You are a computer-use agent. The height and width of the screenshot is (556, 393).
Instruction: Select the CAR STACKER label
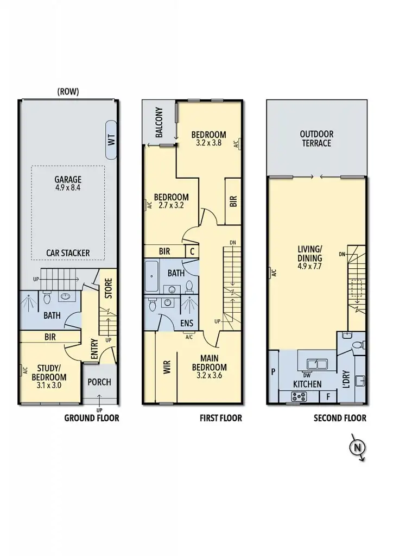click(x=68, y=253)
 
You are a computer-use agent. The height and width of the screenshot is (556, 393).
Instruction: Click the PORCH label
click(x=99, y=382)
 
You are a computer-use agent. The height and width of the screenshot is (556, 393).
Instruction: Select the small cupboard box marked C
click(x=192, y=251)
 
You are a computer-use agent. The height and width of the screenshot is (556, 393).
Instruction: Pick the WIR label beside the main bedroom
click(x=167, y=368)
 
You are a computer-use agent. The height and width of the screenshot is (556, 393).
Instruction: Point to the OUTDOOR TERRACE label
click(x=316, y=138)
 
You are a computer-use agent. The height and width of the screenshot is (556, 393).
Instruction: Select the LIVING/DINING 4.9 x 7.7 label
click(x=310, y=258)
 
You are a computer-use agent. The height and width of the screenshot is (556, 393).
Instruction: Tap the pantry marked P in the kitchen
click(x=272, y=372)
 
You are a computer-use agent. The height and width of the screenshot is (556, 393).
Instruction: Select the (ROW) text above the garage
click(x=68, y=92)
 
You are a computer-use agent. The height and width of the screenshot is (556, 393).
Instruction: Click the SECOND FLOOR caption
click(x=340, y=418)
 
